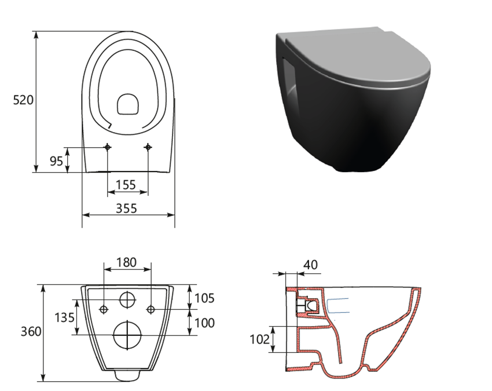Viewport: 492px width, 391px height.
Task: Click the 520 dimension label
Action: pos(23,100)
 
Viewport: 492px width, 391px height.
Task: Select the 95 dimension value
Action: pos(56,160)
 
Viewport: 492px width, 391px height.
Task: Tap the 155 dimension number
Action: pos(126,185)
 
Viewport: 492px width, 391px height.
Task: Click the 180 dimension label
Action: pos(126,262)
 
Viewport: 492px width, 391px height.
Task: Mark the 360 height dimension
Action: pos(31,331)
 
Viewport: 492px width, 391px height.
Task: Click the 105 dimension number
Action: pos(204,298)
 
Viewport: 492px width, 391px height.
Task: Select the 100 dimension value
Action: pos(204,323)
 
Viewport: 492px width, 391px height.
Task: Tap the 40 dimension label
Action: pos(311,265)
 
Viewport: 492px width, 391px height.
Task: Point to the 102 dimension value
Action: pos(259,339)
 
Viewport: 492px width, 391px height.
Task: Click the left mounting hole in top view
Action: pos(108,147)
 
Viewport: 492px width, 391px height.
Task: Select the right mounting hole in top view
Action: pos(148,147)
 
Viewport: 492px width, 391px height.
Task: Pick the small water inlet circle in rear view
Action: pos(127,299)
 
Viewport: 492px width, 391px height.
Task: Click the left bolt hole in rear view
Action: pos(104,309)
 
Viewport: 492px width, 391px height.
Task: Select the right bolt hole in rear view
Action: pos(151,309)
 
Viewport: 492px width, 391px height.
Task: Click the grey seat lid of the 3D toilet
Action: pos(353,55)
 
